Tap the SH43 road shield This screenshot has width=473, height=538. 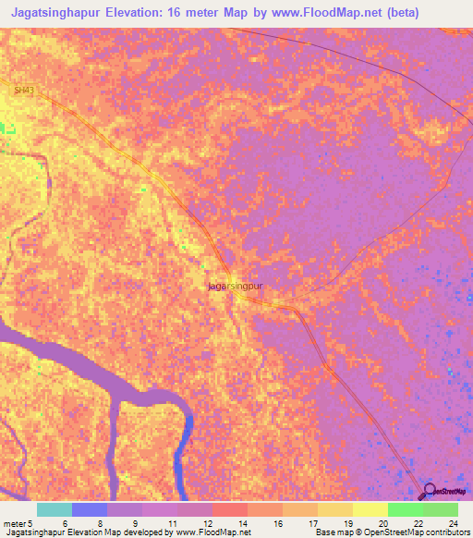pos(23,89)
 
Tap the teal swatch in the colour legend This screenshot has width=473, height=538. pos(54,509)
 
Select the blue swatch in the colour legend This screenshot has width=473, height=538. pos(89,509)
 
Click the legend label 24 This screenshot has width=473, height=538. pos(453,523)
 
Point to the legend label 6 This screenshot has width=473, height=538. pos(64,523)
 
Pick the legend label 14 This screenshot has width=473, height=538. pos(242,523)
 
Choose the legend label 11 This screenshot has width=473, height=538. pos(171,523)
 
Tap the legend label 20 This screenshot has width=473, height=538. pos(382,523)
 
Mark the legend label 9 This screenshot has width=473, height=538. pos(136,523)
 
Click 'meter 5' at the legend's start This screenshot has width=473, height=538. pos(18,523)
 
